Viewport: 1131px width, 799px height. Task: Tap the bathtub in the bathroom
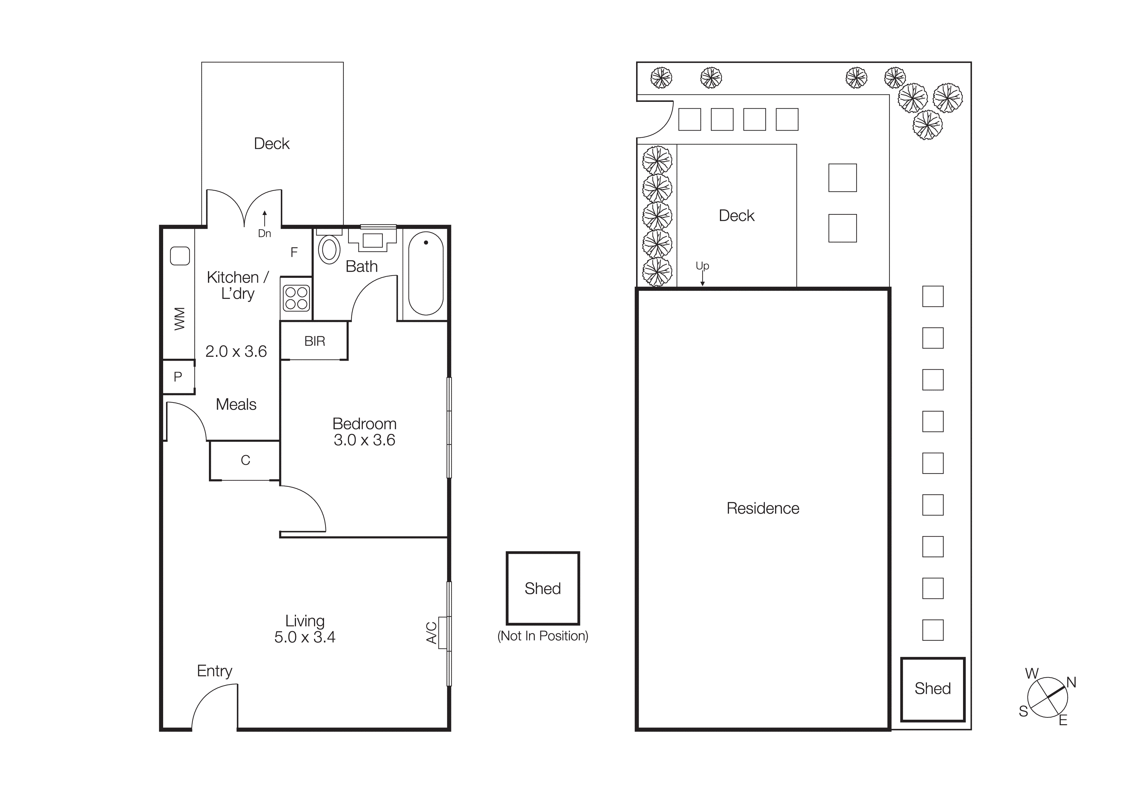pos(426,273)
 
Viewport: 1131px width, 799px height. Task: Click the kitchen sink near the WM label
pos(180,256)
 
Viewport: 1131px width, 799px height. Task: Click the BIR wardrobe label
pos(314,341)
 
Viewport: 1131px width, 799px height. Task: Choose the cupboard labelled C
pos(245,460)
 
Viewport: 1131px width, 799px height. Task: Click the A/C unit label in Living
pos(431,633)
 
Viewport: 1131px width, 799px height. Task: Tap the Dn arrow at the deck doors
pos(264,220)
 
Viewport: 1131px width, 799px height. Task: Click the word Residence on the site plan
pos(762,509)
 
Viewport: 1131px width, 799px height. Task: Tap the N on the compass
pos(1071,682)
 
